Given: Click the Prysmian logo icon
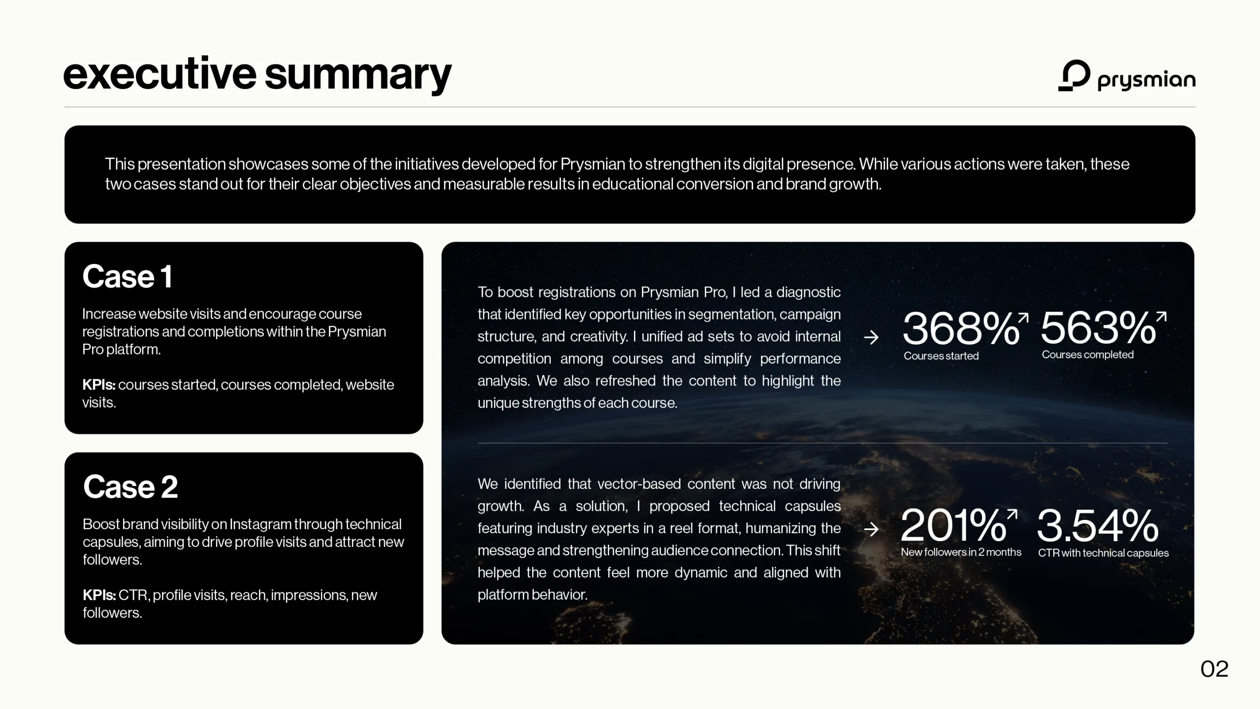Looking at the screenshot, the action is pyautogui.click(x=1074, y=76).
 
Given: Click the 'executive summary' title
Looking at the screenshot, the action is pyautogui.click(x=257, y=75).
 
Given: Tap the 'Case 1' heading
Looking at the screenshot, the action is pyautogui.click(x=127, y=276).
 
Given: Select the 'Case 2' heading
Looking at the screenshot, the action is pyautogui.click(x=130, y=486).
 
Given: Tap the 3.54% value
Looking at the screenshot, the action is pyautogui.click(x=1098, y=526).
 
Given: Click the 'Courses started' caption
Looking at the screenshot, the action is pyautogui.click(x=941, y=356).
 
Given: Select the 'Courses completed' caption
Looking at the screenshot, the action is pyautogui.click(x=1088, y=355).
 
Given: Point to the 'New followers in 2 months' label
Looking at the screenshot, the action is pyautogui.click(x=961, y=552).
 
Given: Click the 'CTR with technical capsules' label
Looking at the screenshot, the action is pyautogui.click(x=1103, y=553).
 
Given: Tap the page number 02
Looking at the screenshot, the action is pyautogui.click(x=1214, y=669).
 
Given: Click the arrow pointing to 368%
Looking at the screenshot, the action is pyautogui.click(x=871, y=337).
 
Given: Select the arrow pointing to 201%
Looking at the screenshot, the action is pyautogui.click(x=871, y=529).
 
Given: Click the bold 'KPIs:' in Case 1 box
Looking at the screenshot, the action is pyautogui.click(x=99, y=385).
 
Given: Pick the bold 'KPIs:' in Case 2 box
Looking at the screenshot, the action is pyautogui.click(x=99, y=595).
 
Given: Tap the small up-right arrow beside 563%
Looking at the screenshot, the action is pyautogui.click(x=1162, y=317).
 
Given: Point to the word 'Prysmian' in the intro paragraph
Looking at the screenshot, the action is pyautogui.click(x=593, y=163).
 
